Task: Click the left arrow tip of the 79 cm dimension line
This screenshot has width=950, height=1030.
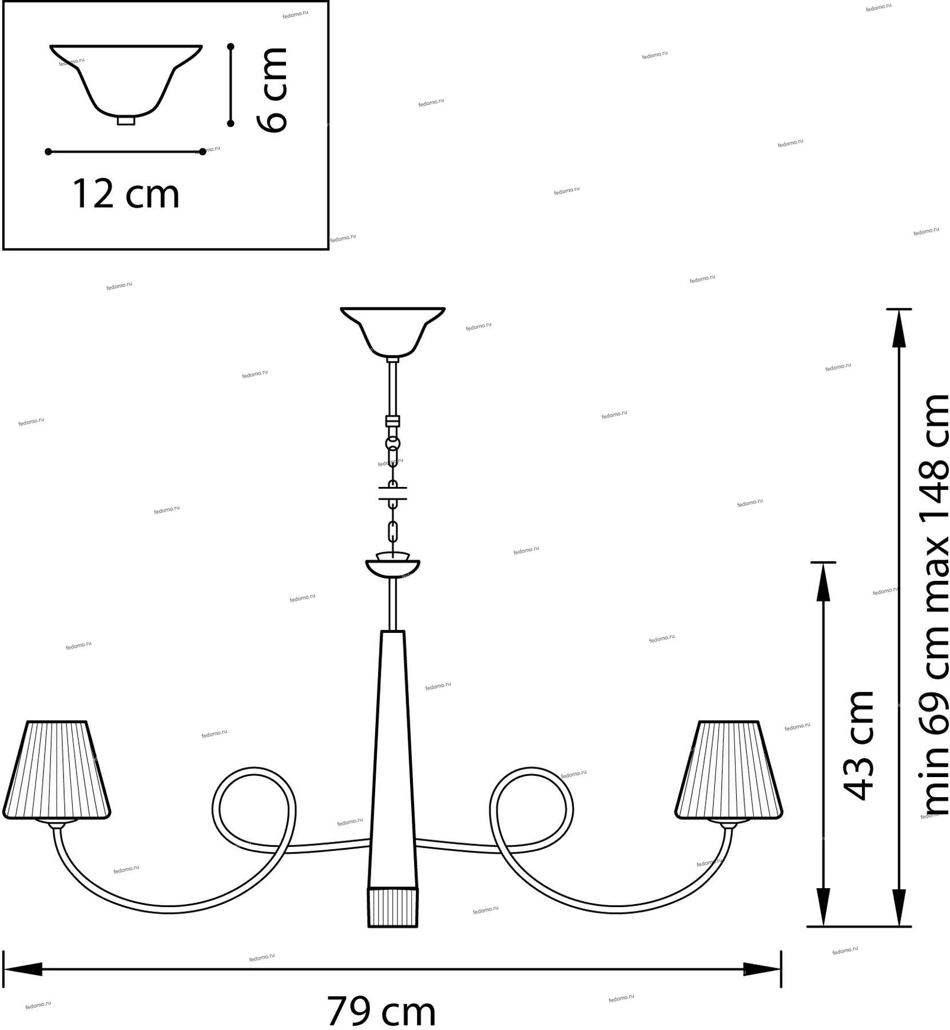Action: pyautogui.click(x=4, y=969)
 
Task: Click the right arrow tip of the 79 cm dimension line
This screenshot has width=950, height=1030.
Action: pyautogui.click(x=781, y=969)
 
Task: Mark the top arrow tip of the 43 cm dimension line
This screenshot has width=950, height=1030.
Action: pyautogui.click(x=823, y=563)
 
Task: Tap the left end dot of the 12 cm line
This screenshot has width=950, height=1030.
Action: pyautogui.click(x=49, y=152)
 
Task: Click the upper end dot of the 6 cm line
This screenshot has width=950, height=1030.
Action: pyautogui.click(x=230, y=46)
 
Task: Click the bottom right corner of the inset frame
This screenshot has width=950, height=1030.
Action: pyautogui.click(x=328, y=249)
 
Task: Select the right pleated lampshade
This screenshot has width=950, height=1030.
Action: pyautogui.click(x=729, y=770)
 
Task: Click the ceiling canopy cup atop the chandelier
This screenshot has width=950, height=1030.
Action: pyautogui.click(x=392, y=332)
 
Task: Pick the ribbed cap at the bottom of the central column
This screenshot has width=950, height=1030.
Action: pyautogui.click(x=392, y=907)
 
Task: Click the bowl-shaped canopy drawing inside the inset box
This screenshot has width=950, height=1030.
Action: pyautogui.click(x=126, y=85)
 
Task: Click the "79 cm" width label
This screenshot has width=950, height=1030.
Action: pyautogui.click(x=381, y=1011)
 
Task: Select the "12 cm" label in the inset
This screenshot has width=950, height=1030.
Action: pyautogui.click(x=126, y=193)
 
